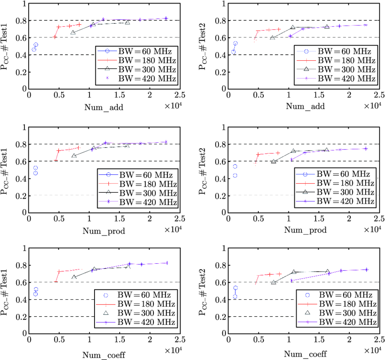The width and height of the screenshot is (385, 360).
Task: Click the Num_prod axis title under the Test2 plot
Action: (305, 230)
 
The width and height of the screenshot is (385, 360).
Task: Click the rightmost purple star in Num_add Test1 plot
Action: (166, 18)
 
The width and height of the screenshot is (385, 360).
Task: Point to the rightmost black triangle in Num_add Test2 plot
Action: (327, 27)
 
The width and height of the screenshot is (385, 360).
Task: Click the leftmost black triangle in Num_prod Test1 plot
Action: (74, 156)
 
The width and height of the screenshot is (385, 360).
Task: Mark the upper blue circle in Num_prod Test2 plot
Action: (235, 166)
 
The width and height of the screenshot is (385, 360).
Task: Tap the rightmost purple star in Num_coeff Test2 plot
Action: (366, 269)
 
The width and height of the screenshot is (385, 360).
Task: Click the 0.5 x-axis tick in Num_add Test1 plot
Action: (59, 96)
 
